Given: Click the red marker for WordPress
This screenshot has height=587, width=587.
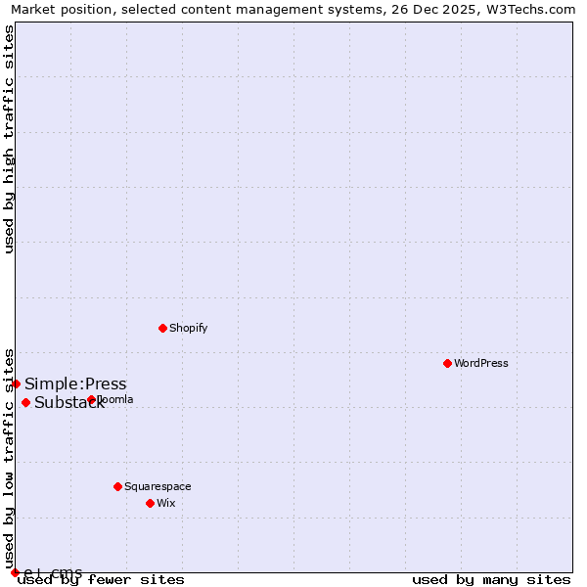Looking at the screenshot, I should coord(447,363).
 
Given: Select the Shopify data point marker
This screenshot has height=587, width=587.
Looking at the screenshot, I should coord(163,328).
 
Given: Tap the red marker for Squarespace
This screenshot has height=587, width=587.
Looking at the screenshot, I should coord(117,486).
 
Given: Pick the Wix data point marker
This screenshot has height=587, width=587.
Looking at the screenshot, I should coord(150,503).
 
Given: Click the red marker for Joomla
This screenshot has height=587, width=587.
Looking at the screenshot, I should coord(91,399).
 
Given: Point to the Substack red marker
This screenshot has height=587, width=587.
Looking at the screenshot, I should coord(25,402).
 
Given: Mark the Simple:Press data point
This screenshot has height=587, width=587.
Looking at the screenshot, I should coord(16,384).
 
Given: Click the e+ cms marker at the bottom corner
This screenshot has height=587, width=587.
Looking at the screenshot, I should coord(15,572).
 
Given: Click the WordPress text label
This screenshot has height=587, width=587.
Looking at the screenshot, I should coord(481,363).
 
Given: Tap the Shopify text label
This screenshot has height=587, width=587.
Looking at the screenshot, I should coord(189,328).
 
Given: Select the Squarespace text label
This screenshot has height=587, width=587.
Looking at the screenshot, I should coord(158,486).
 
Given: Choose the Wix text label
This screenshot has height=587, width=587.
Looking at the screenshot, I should coord(166,503).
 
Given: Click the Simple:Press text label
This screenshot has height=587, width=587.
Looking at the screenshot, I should coord(75,384).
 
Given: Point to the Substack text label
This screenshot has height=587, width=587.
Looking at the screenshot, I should coord(69,403).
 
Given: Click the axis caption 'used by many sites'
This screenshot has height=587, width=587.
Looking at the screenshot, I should coord(491,579).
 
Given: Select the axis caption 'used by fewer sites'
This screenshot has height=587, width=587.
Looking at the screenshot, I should coord(102,579).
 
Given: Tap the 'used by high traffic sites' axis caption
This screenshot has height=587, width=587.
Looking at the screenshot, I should coord(9,139).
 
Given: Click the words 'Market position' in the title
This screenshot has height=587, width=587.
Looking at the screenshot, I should coord(58,9).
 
